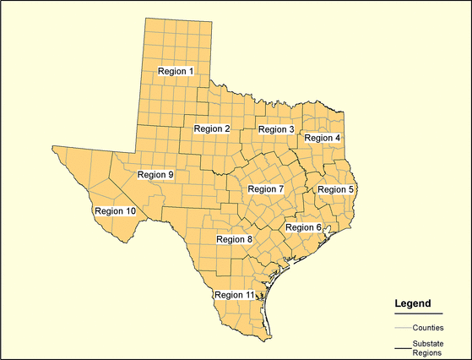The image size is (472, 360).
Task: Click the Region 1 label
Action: pyautogui.click(x=176, y=72)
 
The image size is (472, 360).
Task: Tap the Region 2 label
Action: pyautogui.click(x=212, y=128)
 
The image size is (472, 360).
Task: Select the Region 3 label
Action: pyautogui.click(x=276, y=129)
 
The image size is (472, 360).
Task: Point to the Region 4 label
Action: pyautogui.click(x=323, y=138)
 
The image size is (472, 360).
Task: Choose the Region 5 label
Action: pyautogui.click(x=335, y=189)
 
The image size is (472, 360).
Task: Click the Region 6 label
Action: pyautogui.click(x=303, y=227)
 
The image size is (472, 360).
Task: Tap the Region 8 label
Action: pyautogui.click(x=235, y=239)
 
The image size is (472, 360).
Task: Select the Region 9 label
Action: pyautogui.click(x=155, y=175)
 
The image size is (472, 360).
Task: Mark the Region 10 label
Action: pyautogui.click(x=115, y=210)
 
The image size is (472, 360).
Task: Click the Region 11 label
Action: pyautogui.click(x=234, y=294)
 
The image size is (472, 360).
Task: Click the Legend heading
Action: pyautogui.click(x=413, y=303)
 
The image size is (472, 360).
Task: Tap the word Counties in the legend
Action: pyautogui.click(x=428, y=326)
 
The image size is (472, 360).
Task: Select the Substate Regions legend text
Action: pyautogui.click(x=428, y=348)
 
